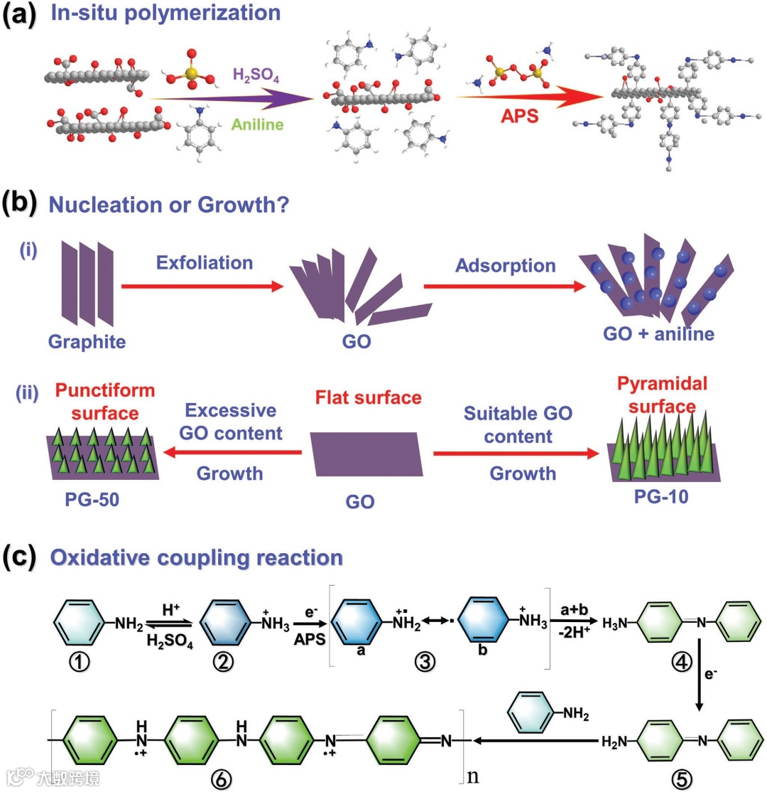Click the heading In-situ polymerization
point(165,14)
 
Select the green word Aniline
point(256,124)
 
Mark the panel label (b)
point(21,204)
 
